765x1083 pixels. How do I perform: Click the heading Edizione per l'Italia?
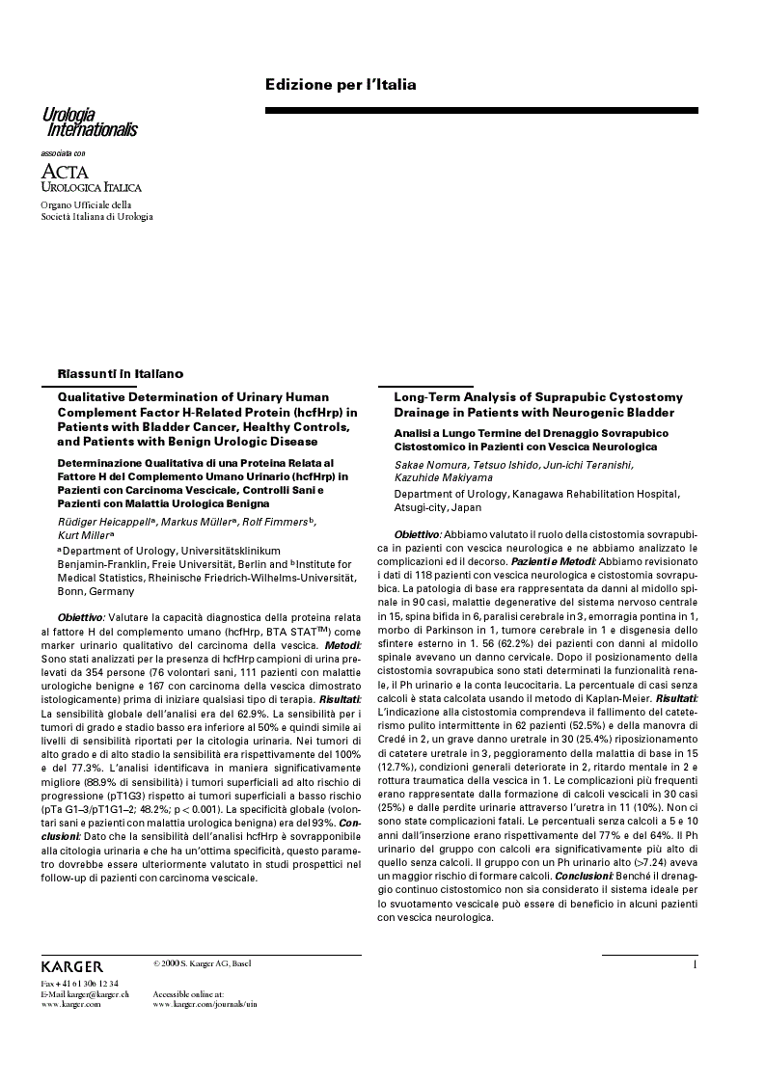(x=341, y=85)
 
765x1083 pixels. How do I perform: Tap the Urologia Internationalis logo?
(x=75, y=122)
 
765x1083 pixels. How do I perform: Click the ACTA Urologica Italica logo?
(x=91, y=178)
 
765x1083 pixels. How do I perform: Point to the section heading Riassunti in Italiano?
(x=120, y=373)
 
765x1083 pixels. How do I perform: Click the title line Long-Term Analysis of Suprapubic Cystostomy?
(x=537, y=397)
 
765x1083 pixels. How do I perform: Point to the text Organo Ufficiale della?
(x=86, y=204)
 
